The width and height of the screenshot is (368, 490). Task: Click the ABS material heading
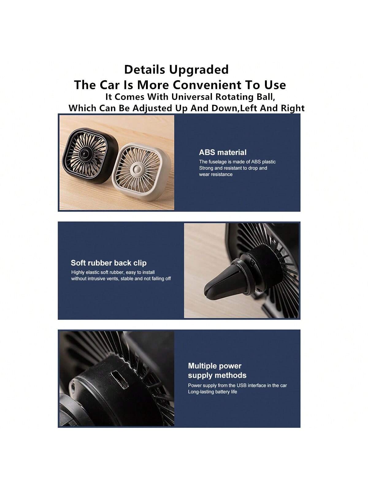[223, 152]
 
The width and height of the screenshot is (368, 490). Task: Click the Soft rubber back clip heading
[109, 263]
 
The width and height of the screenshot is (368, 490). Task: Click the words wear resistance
[216, 174]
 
